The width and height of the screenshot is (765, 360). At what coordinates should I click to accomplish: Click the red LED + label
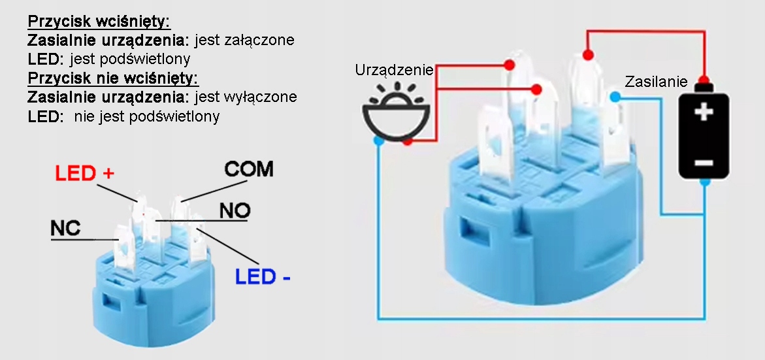(84, 174)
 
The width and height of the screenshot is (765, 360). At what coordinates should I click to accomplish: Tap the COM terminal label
(248, 169)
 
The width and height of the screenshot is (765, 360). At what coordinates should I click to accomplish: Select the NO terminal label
(235, 210)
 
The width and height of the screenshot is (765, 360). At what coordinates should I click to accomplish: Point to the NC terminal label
(65, 228)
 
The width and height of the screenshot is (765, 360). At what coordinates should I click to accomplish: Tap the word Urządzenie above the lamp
(394, 70)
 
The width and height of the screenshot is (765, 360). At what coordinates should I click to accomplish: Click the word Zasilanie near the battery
(656, 82)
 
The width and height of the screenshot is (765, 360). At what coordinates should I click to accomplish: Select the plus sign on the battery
(703, 112)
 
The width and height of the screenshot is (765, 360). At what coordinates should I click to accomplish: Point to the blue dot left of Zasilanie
(615, 97)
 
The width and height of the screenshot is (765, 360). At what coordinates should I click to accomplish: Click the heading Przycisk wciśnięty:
(99, 22)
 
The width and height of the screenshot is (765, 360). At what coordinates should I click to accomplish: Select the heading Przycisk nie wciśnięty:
(113, 78)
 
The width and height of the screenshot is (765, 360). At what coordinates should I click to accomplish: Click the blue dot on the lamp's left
(378, 140)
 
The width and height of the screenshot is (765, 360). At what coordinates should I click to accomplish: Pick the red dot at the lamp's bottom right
(408, 141)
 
